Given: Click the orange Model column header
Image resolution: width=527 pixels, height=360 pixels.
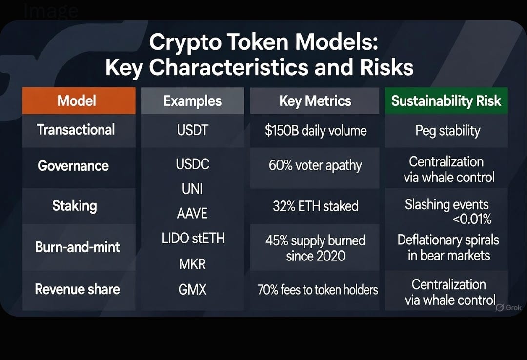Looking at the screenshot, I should tap(77, 101).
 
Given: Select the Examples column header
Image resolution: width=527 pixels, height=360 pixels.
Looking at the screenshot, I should tap(192, 101).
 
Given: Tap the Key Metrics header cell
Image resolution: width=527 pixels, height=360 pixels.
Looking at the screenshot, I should tap(315, 101).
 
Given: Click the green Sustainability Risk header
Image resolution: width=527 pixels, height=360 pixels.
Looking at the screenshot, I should tap(446, 101).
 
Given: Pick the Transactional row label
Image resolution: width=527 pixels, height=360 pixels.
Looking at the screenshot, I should tap(76, 130).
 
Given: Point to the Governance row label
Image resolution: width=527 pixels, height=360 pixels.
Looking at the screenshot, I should tap(73, 166).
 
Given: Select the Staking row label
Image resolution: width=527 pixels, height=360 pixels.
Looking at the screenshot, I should tap(75, 206).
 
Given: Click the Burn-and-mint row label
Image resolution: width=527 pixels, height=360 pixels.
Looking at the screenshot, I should tap(78, 247).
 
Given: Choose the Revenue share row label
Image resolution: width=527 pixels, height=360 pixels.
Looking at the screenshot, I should tap(77, 289).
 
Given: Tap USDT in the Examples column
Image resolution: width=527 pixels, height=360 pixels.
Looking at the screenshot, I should tap(192, 130).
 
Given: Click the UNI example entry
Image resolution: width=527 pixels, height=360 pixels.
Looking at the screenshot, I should tap(192, 189).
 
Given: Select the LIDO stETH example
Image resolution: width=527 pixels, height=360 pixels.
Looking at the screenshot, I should tap(193, 239).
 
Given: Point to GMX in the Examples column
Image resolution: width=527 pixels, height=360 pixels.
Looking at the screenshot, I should tap(192, 290).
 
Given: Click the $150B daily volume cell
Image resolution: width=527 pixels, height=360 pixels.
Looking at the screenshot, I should tap(315, 131).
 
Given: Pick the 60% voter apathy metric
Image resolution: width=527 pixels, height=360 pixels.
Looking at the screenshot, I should tap(315, 166).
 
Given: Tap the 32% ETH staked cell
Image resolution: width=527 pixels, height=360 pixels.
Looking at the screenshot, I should tap(315, 206).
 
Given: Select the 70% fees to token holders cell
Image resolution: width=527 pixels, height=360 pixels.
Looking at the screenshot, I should tap(318, 290).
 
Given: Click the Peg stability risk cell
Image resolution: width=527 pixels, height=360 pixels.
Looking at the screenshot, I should tap(447, 131).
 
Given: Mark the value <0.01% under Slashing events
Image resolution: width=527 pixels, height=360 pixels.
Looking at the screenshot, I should tap(472, 220).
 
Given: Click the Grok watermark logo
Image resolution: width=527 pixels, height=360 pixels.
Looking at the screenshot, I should tap(508, 308).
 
